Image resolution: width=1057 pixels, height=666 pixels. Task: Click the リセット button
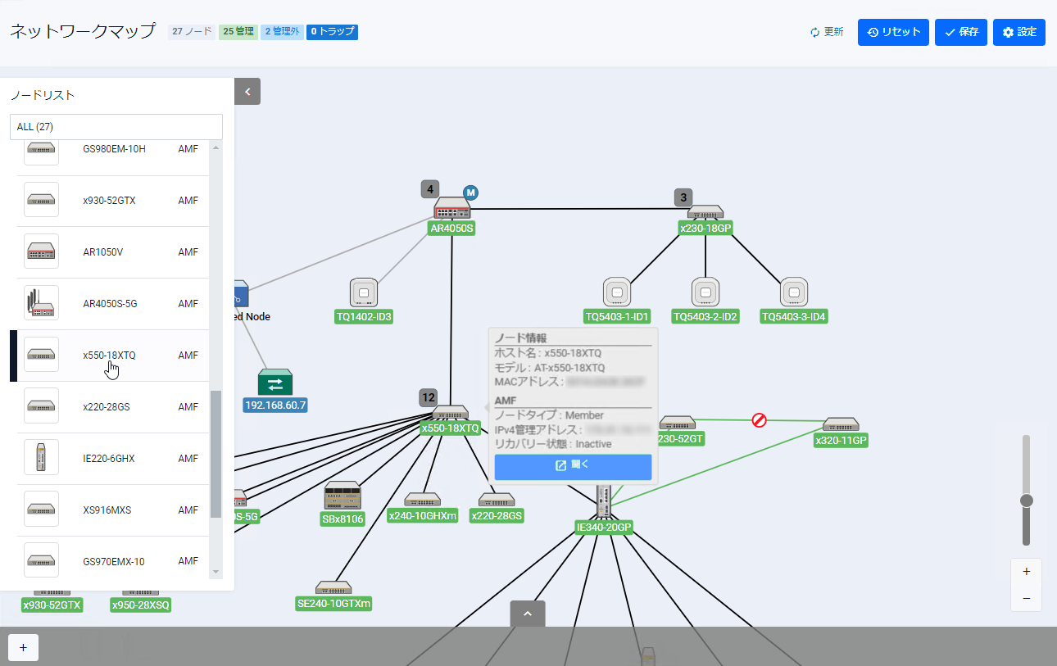[x=893, y=32]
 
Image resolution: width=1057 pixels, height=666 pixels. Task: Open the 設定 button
[x=1018, y=32]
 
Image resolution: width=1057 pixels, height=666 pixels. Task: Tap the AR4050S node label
[x=451, y=229]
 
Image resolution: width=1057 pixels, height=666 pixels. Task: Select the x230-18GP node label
[x=705, y=229]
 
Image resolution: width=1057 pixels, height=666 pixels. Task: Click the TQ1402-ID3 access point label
[x=364, y=317]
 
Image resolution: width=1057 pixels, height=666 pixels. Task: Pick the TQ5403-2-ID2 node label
[x=705, y=317]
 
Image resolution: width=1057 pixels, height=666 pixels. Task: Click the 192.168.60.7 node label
[x=275, y=405]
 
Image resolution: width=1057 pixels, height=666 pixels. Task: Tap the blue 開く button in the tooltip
[x=573, y=466]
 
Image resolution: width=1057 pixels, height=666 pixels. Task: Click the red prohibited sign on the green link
[x=760, y=420]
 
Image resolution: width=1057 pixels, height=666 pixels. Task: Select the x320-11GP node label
[x=841, y=441]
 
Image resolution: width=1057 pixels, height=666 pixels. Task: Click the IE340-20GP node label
[x=604, y=528]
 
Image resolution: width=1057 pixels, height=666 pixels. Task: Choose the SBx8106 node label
[x=343, y=519]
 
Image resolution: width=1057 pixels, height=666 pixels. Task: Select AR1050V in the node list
[x=103, y=252]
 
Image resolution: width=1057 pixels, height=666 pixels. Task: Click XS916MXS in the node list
[x=107, y=510]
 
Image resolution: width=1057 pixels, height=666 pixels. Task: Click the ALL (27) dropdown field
[x=116, y=127]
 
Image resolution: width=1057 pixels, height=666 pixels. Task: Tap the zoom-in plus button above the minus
[x=1026, y=572]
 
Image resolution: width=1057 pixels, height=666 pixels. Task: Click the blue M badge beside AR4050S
[x=470, y=193]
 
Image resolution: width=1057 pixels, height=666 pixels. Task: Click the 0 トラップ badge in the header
[x=332, y=32]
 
